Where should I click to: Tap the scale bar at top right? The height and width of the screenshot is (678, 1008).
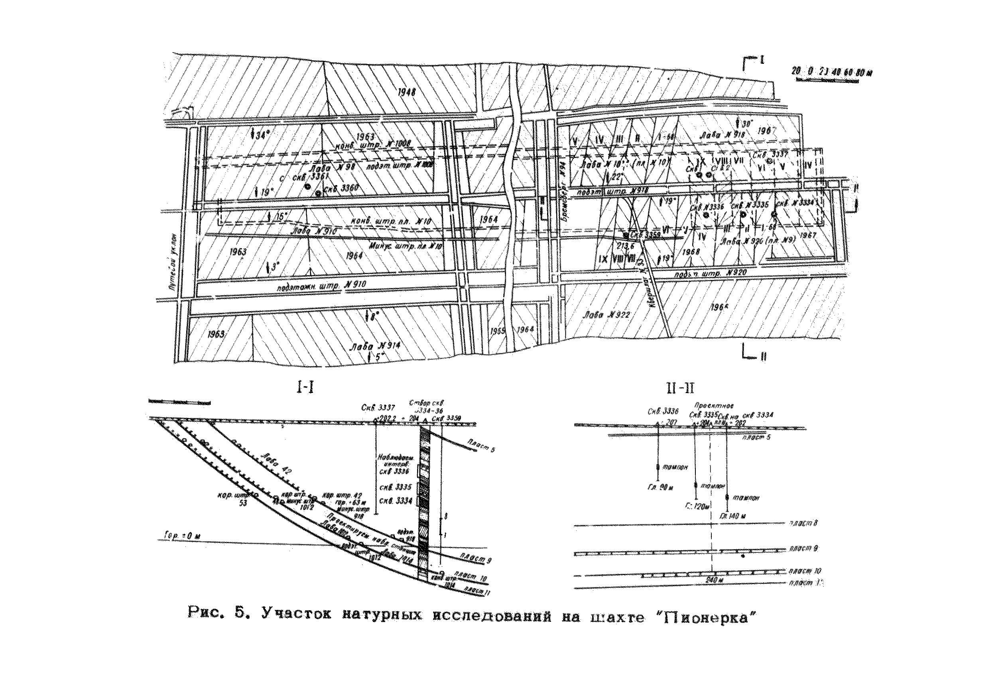[831, 72]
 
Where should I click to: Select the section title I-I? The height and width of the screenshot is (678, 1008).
[305, 388]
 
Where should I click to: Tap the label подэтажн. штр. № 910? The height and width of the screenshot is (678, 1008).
[322, 286]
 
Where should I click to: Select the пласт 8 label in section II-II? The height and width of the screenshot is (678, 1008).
[803, 524]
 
